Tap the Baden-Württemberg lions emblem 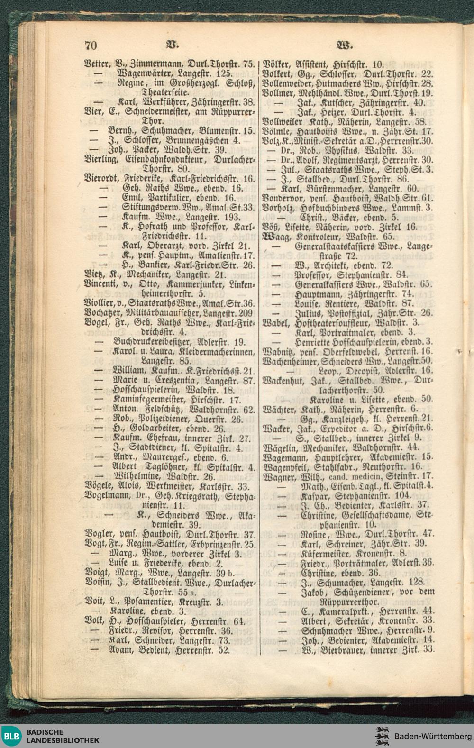(382, 736)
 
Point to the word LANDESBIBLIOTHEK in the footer (63, 740)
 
